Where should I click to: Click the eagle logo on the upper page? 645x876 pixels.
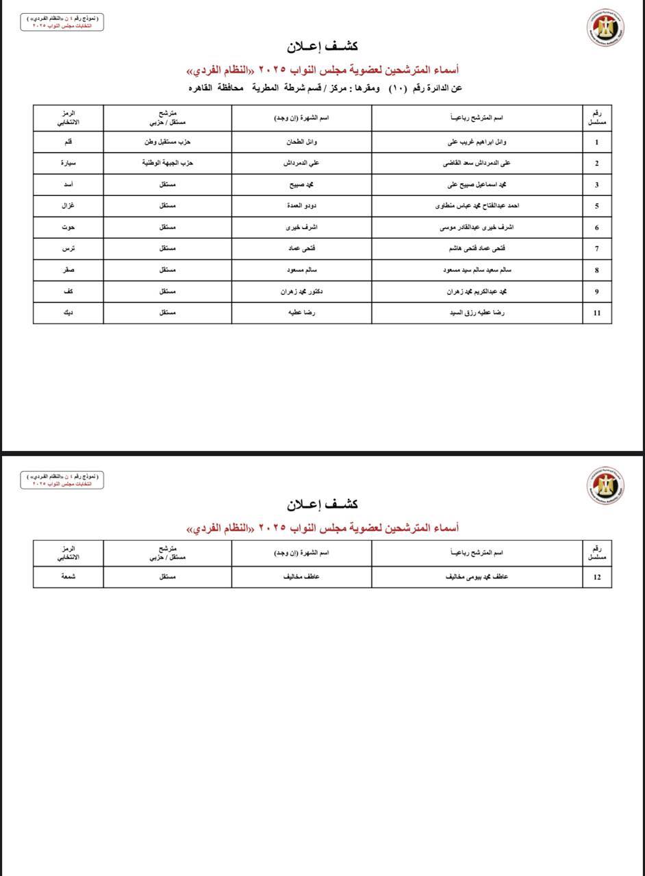coord(605,28)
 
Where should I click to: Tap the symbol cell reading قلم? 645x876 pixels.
coord(68,142)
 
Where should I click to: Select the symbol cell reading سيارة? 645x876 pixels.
coord(68,163)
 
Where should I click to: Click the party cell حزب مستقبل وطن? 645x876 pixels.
coord(167,142)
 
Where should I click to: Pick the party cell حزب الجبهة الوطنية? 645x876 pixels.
coord(168,163)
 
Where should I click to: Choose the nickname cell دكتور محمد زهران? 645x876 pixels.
coord(301,292)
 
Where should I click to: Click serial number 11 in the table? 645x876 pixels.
coord(597,313)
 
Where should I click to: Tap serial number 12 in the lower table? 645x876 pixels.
coord(597,577)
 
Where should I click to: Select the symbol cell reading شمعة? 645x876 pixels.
coord(68,576)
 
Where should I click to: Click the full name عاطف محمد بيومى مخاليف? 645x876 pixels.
coord(477,576)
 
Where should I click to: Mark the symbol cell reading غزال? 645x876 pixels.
coord(68,206)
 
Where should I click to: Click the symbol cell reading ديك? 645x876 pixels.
coord(68,313)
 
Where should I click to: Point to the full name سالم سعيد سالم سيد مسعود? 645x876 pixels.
coord(477,270)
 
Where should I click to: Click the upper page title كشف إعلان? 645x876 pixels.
coord(322,47)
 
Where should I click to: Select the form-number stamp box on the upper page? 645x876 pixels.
coord(61,22)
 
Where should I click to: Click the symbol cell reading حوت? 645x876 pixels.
coord(68,227)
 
